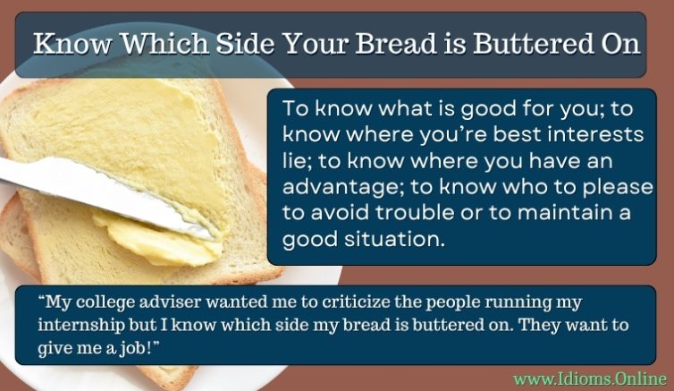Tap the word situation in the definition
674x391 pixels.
click(x=392, y=240)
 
